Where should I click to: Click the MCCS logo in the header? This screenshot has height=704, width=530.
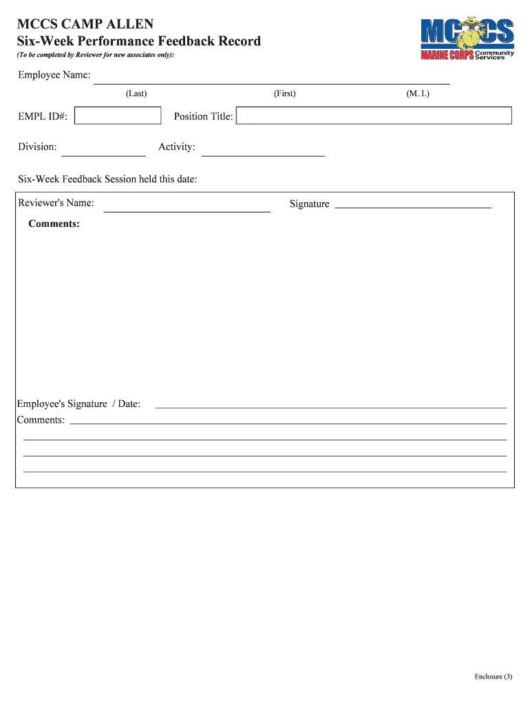467,38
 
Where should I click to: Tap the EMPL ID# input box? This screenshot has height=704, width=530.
118,115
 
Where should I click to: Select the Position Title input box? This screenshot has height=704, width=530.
374,115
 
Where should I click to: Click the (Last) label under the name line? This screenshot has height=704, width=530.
136,93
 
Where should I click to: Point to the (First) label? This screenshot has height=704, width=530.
284,93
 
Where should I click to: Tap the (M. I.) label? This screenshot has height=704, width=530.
418,93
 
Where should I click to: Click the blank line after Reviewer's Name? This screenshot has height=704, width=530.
187,210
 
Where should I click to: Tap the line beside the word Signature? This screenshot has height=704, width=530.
412,206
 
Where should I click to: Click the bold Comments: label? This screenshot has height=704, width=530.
54,224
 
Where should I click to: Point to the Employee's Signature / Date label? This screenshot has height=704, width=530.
78,404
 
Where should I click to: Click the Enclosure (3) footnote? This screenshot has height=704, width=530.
494,677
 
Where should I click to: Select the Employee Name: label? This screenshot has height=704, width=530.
54,75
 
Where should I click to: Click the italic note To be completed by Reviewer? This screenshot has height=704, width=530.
96,54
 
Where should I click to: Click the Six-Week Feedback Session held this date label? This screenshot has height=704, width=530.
107,179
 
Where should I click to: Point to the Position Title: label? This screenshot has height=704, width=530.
203,116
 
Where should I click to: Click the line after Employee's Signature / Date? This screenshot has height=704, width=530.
330,406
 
